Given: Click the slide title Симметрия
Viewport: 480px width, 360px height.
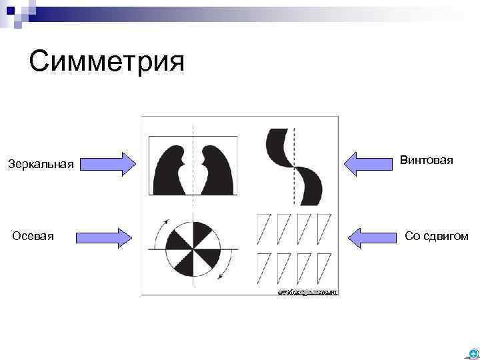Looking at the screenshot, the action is [x=106, y=63].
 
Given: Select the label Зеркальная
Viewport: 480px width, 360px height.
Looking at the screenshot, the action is [x=41, y=164].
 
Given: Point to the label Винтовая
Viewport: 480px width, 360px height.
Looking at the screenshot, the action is [x=427, y=161].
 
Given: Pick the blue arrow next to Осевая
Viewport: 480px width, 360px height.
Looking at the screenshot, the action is [x=104, y=237].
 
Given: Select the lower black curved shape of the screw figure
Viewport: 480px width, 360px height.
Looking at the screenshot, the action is [x=310, y=187].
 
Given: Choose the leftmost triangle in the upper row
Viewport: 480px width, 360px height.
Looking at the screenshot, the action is [x=264, y=227].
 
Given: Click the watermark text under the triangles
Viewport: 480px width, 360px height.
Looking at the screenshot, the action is [x=307, y=292].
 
